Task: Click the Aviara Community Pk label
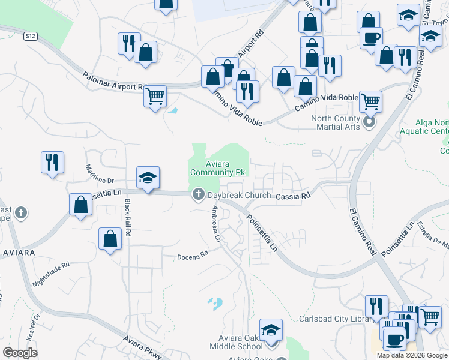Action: coord(218,168)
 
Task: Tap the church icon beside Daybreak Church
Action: coord(198,195)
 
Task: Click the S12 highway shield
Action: coord(31,36)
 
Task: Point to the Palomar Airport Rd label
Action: coord(114,81)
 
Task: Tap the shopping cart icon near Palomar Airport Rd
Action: coord(155,95)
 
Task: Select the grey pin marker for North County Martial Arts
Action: coord(369,124)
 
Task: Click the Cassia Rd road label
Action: coord(293,196)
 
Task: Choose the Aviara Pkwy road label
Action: coord(142,347)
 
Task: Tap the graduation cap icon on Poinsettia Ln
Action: coord(148,177)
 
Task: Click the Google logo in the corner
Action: coord(20,353)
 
